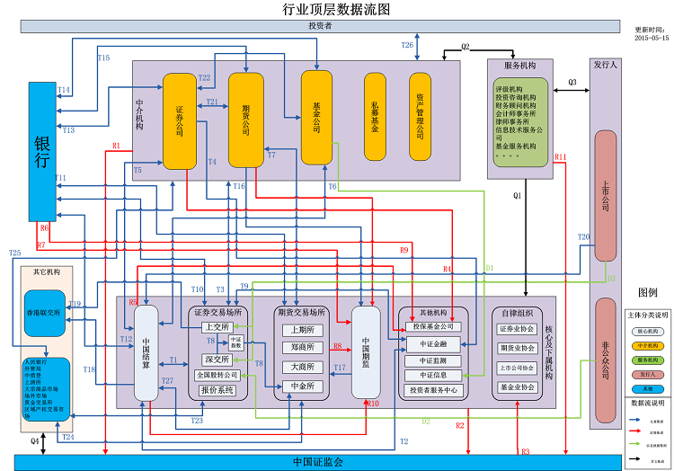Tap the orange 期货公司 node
[x=245, y=119]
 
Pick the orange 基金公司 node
[x=316, y=118]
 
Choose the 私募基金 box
[x=376, y=117]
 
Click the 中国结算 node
[x=146, y=353]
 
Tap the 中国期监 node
[x=366, y=352]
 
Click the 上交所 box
[x=217, y=326]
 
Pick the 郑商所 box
[x=302, y=346]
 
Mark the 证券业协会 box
[x=518, y=328]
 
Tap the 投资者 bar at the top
[x=320, y=26]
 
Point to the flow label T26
[x=407, y=44]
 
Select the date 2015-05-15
[x=652, y=38]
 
